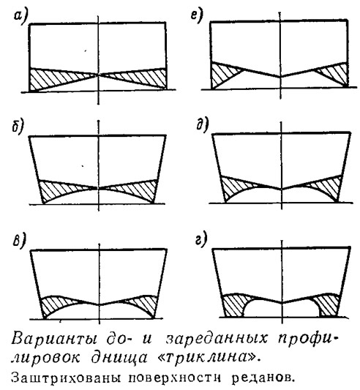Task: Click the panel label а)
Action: coord(20,18)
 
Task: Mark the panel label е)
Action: coord(197,17)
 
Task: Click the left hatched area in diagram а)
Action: coord(50,78)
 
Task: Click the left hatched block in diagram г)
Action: coord(235,304)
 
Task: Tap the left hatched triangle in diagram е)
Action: coord(222,74)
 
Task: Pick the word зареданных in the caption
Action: coord(217,339)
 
